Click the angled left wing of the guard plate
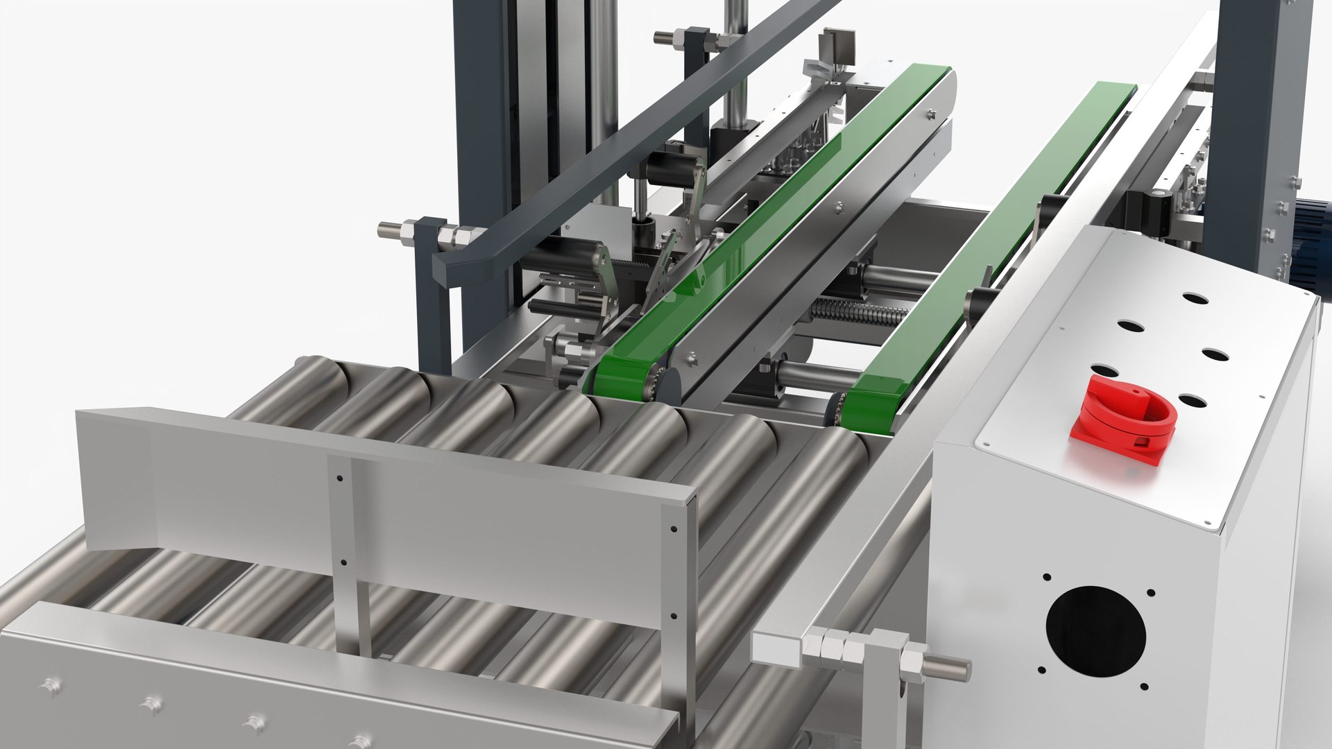114,479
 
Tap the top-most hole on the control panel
1195,299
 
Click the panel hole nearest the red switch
1192,401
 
